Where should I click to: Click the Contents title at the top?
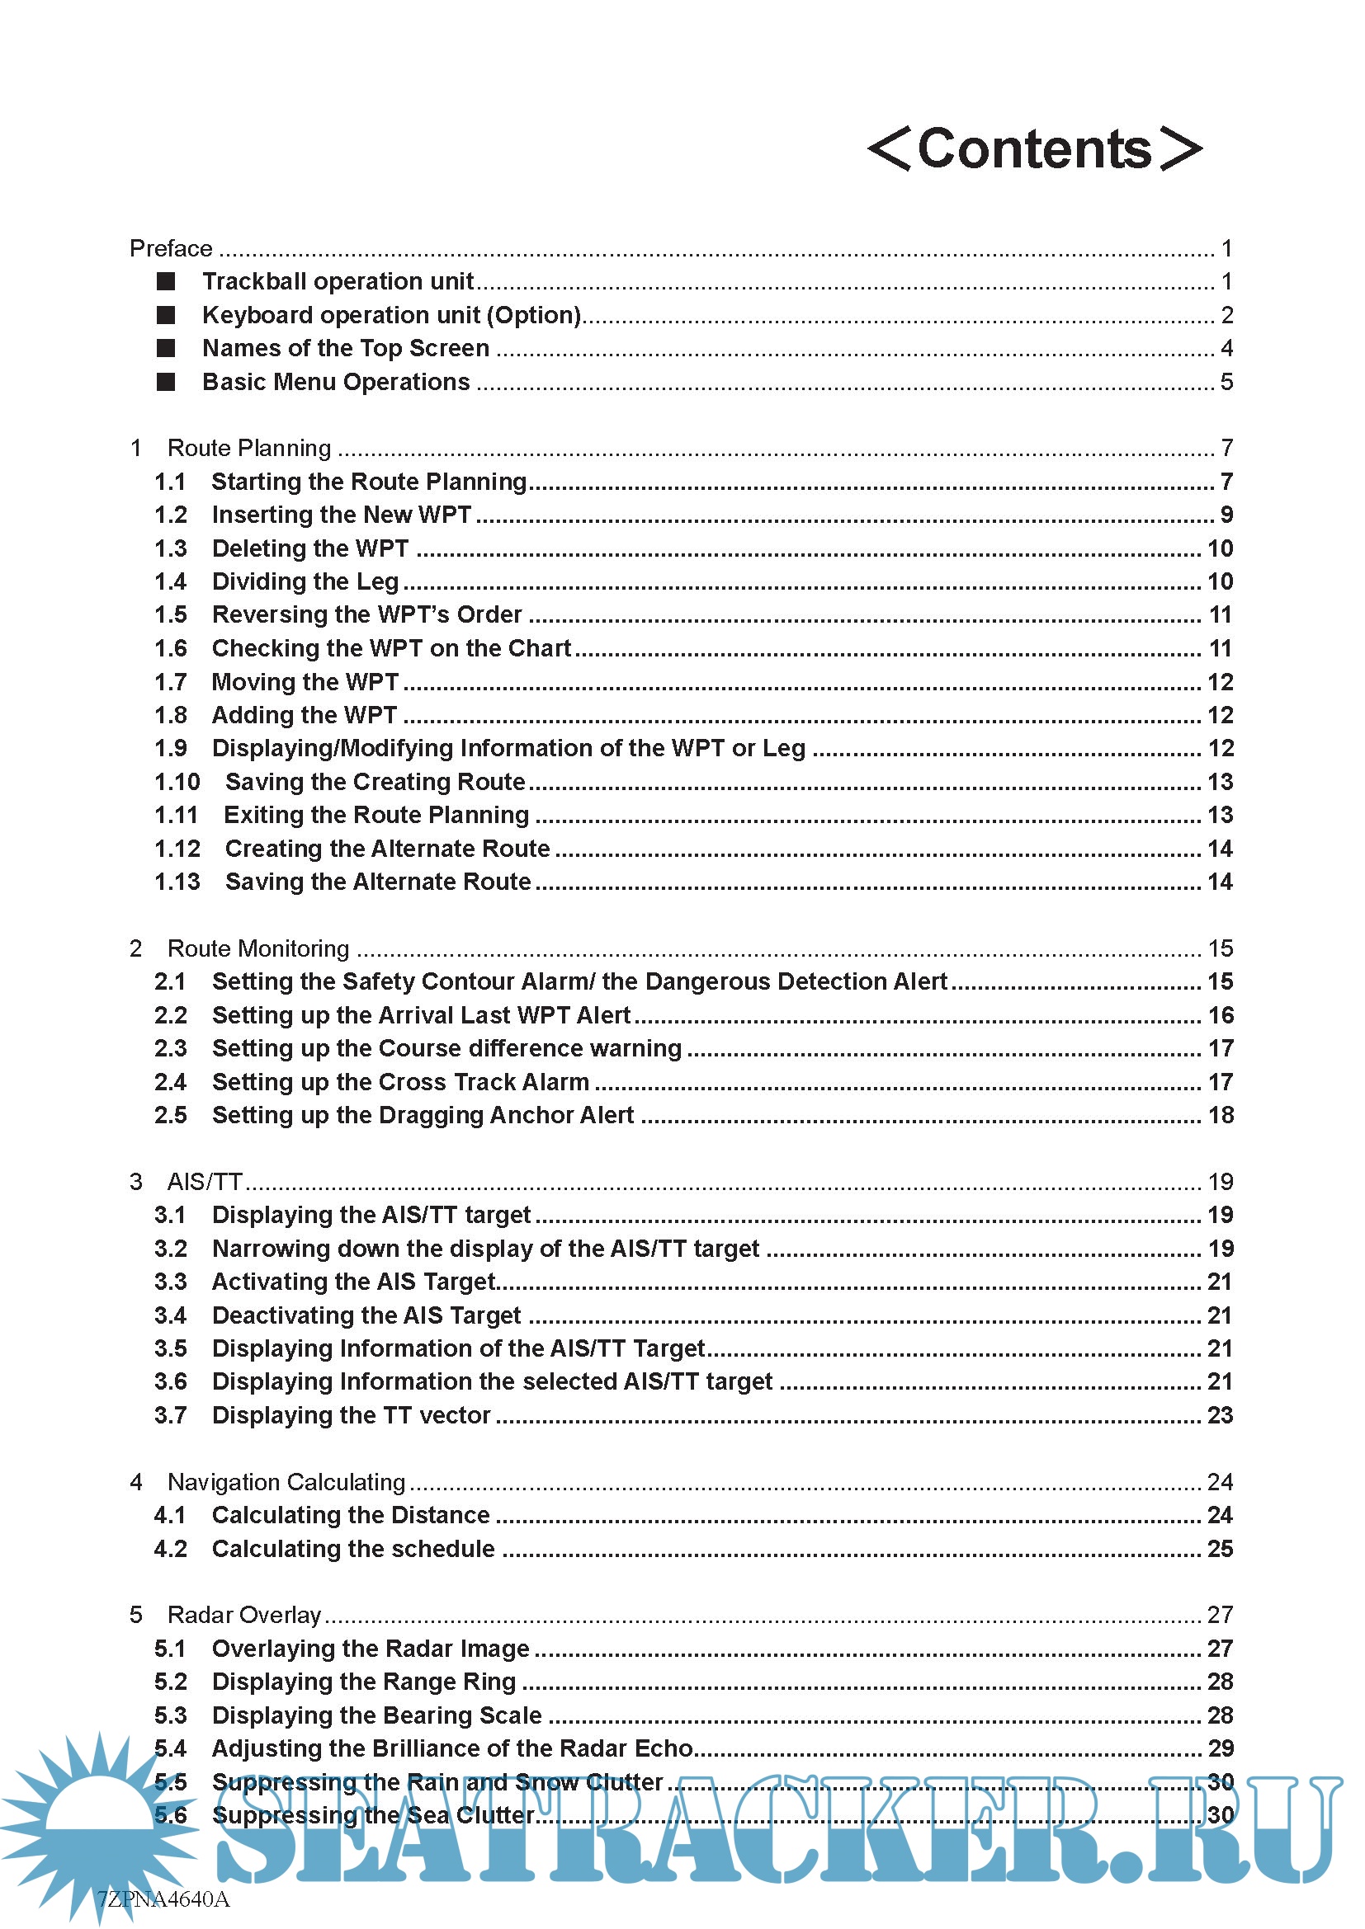[1035, 149]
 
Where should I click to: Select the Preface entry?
[171, 249]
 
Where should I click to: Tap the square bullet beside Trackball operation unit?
[166, 281]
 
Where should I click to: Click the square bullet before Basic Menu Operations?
[166, 383]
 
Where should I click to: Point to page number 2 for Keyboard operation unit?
[1226, 315]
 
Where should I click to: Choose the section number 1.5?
[171, 615]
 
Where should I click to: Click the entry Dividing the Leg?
[305, 581]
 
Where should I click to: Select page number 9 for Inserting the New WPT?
[1226, 514]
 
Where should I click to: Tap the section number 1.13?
[177, 882]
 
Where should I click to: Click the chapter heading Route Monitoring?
[258, 948]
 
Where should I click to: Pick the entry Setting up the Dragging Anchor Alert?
[423, 1115]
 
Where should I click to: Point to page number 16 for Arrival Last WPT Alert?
[1221, 1015]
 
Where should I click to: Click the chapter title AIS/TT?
[204, 1182]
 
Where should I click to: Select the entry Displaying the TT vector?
[351, 1415]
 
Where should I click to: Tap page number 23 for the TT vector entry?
[1221, 1415]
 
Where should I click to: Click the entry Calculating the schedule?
[353, 1549]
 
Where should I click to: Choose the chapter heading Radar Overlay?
[243, 1615]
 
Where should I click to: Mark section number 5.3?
[171, 1715]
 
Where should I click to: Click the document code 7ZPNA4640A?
[163, 1899]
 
